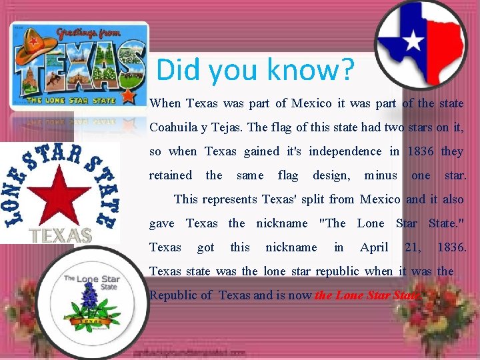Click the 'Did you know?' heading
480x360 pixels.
coord(255,69)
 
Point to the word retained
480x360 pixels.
coord(170,175)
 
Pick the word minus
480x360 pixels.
coord(381,175)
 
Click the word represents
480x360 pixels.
coord(232,199)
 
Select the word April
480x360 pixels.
coord(374,247)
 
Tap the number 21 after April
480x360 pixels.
coord(413,247)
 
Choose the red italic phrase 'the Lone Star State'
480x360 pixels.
coord(367,295)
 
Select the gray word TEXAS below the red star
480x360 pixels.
coord(61,235)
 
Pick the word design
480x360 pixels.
coord(331,175)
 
